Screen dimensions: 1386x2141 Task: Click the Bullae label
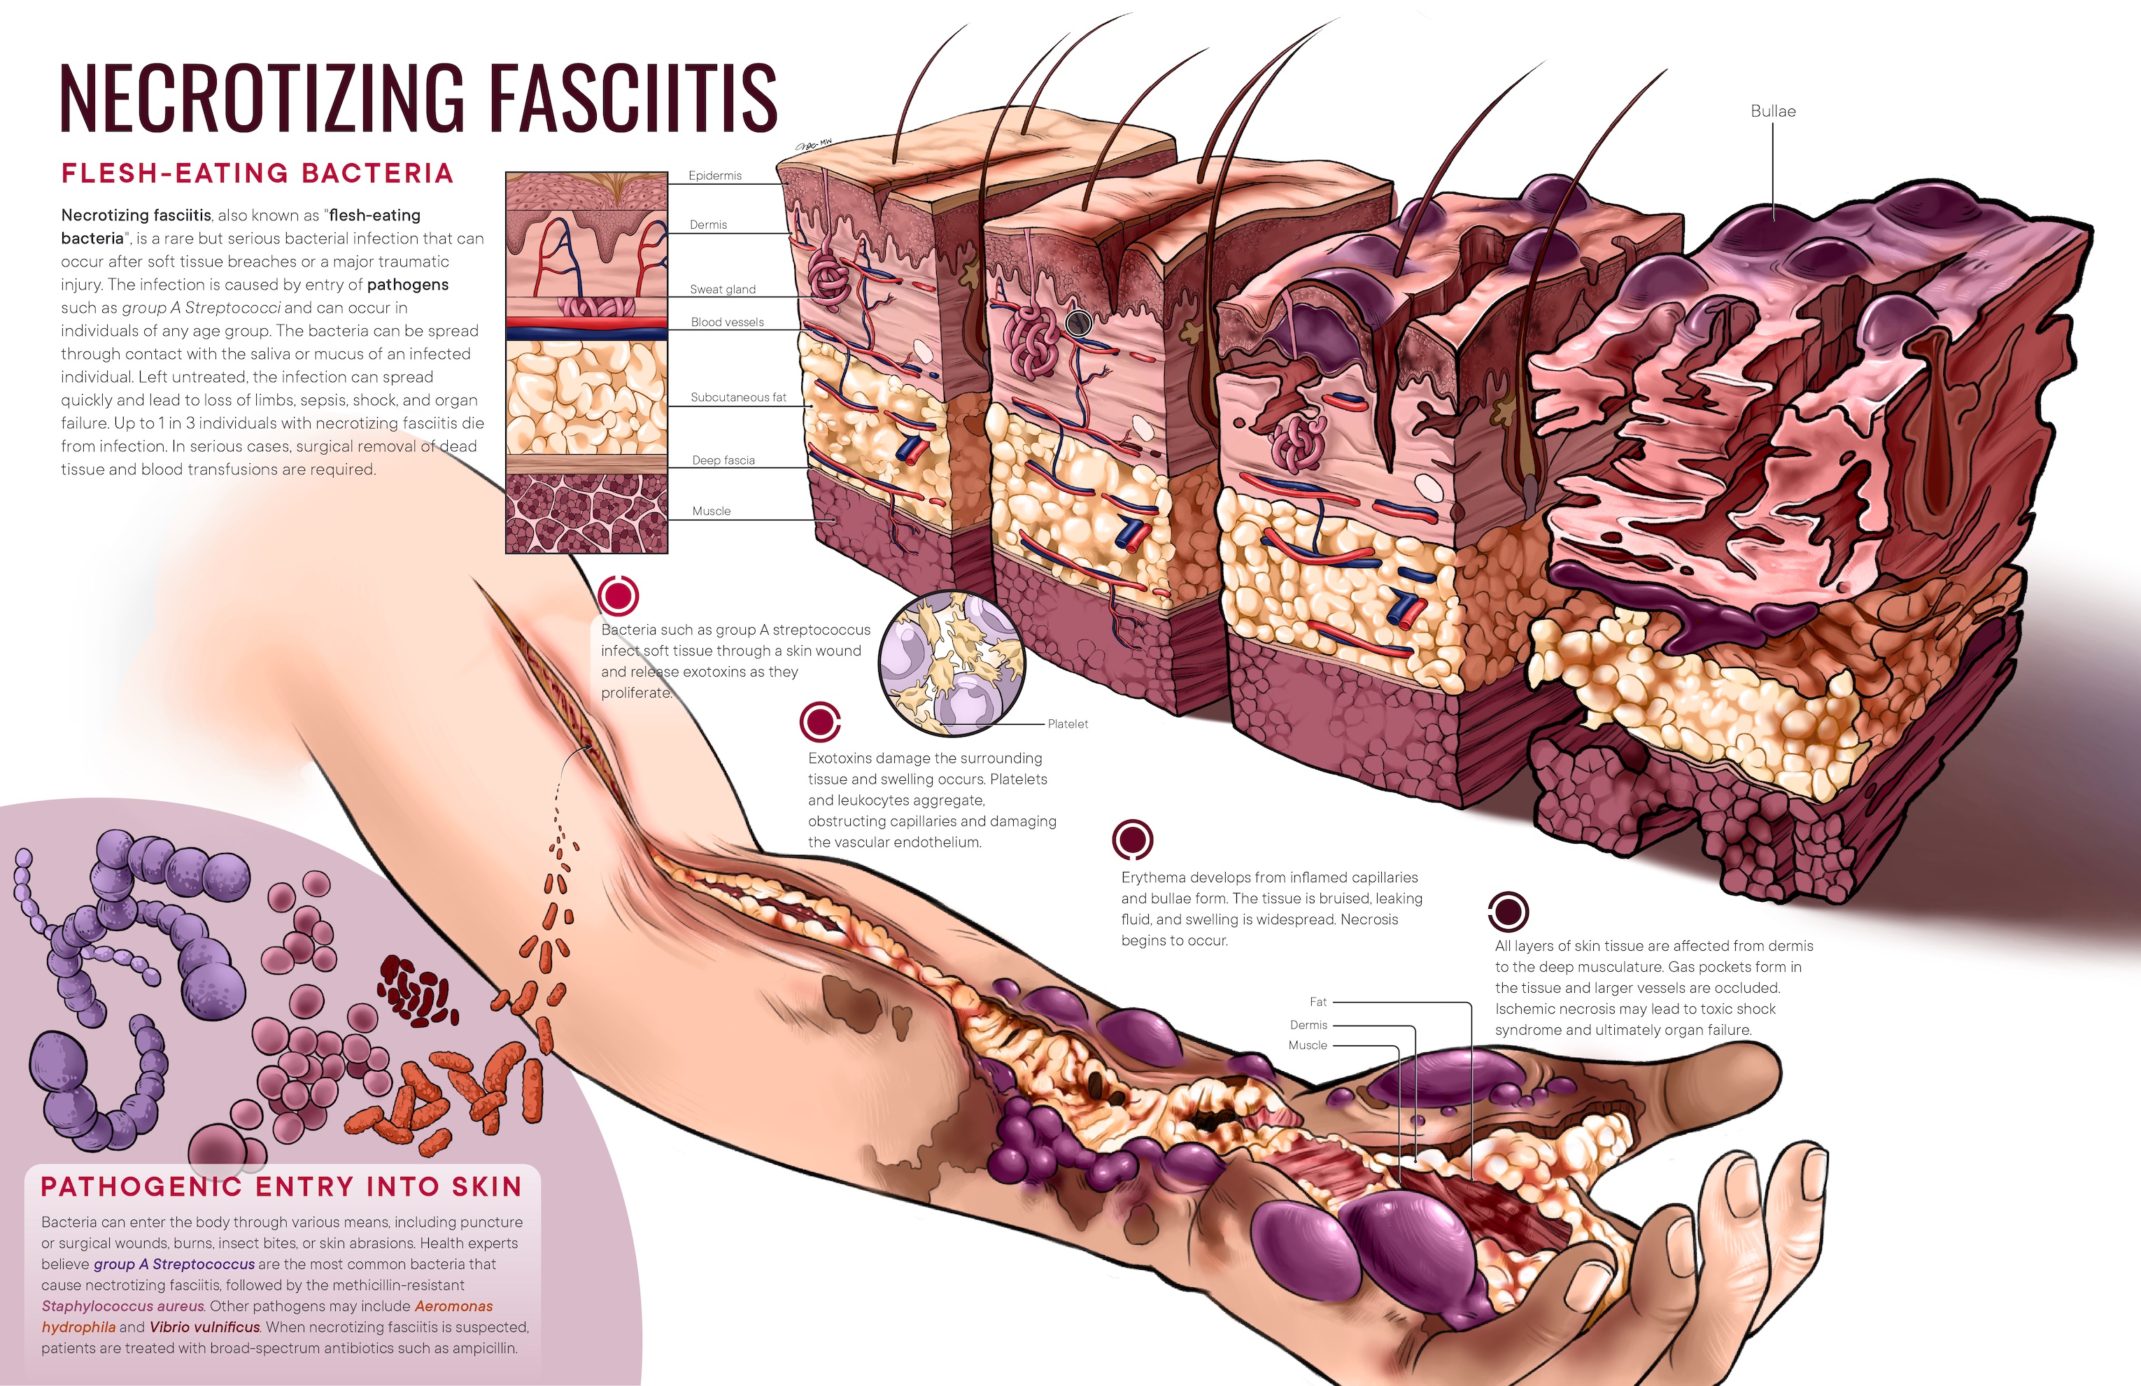tap(1772, 111)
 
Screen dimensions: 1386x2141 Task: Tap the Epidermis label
tap(714, 176)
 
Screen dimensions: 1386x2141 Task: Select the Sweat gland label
tap(722, 290)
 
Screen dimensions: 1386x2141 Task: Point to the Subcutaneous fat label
tap(737, 397)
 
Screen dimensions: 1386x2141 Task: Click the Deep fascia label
tap(723, 460)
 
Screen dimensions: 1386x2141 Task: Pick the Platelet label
tap(1068, 724)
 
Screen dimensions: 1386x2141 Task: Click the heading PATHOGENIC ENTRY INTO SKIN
tap(281, 1187)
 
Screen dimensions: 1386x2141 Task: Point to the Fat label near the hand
tap(1318, 1002)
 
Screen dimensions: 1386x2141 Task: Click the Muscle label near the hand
tap(1307, 1045)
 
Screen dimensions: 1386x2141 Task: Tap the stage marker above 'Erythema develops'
tap(1133, 839)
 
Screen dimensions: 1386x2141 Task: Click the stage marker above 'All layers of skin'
tap(1508, 911)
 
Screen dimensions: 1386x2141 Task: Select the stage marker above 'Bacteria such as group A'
tap(618, 595)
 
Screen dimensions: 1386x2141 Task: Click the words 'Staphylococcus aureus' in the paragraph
tap(122, 1306)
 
